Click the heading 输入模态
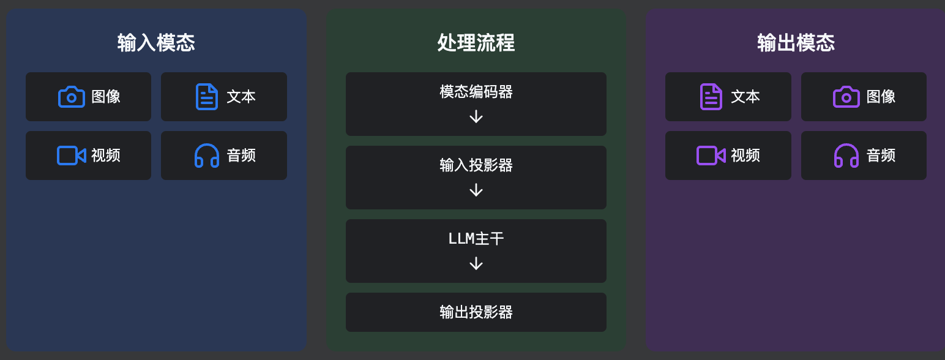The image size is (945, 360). tap(156, 43)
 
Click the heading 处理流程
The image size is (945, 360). tap(476, 43)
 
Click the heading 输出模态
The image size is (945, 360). tap(796, 43)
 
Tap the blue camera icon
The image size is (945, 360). tap(72, 97)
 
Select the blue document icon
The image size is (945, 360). tap(207, 97)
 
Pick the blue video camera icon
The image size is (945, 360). tap(72, 156)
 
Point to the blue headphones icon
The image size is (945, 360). tap(207, 156)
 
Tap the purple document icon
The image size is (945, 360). tap(711, 97)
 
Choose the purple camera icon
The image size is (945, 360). tap(846, 97)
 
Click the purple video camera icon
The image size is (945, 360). tap(711, 156)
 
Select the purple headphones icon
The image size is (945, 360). tap(846, 156)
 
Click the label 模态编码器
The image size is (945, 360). tap(476, 92)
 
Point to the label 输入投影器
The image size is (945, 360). tap(476, 165)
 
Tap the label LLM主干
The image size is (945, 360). tap(476, 239)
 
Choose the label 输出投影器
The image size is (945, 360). tap(476, 312)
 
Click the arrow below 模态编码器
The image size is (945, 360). tap(476, 116)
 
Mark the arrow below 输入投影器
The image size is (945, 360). tap(476, 190)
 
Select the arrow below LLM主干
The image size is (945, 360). tap(476, 263)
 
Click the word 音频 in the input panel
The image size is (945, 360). tap(241, 156)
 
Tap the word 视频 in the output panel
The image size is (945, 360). tap(745, 156)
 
